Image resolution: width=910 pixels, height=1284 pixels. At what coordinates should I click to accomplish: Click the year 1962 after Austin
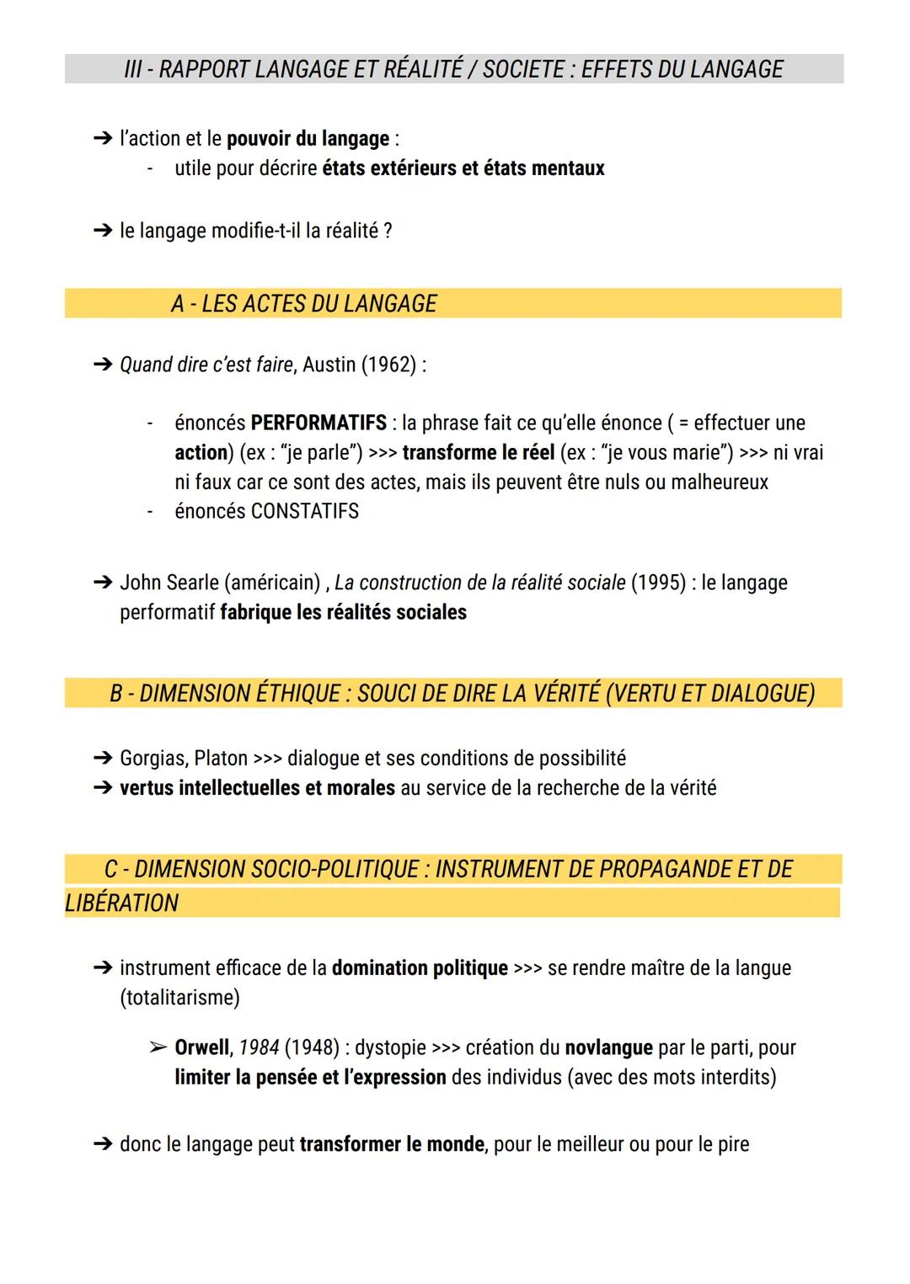pos(388,365)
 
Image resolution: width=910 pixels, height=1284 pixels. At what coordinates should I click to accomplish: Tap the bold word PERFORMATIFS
pos(318,423)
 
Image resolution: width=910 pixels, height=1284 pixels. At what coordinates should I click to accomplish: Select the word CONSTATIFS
pos(305,511)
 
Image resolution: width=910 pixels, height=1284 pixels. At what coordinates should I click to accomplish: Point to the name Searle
pos(190,583)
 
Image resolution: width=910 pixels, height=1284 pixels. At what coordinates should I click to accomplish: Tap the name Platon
pos(221,759)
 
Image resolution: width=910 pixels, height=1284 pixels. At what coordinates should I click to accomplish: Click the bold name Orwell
pos(201,1048)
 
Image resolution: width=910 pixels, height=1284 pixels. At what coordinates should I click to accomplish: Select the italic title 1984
pos(259,1048)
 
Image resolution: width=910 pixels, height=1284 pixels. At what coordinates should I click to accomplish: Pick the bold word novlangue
pos(608,1048)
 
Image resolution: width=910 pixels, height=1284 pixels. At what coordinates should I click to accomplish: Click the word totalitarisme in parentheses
pos(179,998)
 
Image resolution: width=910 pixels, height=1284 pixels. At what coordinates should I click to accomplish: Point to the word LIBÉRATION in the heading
pos(122,903)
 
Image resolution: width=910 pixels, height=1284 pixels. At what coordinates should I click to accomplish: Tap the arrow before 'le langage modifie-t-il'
pos(103,231)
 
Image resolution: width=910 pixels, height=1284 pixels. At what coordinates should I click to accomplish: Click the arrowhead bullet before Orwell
pos(158,1048)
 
